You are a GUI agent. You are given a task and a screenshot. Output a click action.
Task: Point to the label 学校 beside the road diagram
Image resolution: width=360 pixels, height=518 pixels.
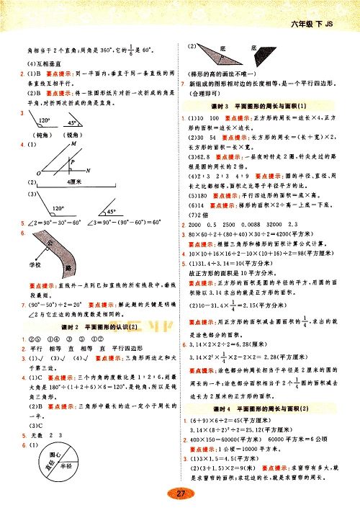[x=29, y=265]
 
